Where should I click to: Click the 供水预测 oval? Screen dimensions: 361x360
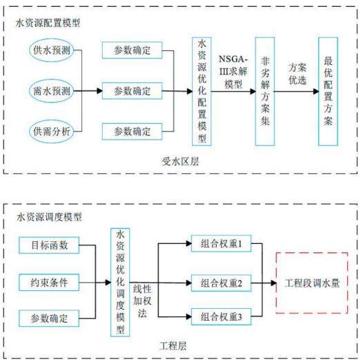[x=52, y=50]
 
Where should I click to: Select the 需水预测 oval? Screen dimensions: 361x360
[x=52, y=91]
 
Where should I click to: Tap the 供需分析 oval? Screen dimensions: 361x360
[x=52, y=131]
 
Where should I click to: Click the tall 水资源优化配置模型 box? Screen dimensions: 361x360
[x=202, y=91]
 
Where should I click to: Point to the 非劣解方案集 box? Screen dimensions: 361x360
[x=265, y=91]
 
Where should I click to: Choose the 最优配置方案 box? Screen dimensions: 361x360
[x=328, y=91]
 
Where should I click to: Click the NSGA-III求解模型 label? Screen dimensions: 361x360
[x=233, y=72]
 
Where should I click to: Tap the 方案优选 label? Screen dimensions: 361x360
[x=297, y=74]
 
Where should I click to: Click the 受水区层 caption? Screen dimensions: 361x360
[x=180, y=161]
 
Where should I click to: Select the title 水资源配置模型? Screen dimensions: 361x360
[x=48, y=23]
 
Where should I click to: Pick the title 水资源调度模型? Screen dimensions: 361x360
[x=49, y=217]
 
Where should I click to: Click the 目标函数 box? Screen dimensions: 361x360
[x=49, y=245]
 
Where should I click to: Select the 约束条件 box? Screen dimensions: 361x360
[x=49, y=283]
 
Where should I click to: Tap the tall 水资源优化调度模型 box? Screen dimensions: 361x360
[x=120, y=283]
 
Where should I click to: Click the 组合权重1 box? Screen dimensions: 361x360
[x=222, y=243]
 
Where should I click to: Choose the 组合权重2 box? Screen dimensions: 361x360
[x=222, y=283]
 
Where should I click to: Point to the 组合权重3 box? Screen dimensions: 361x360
[x=222, y=316]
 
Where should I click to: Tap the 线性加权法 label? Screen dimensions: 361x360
[x=142, y=301]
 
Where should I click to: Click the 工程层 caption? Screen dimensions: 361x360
[x=173, y=346]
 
